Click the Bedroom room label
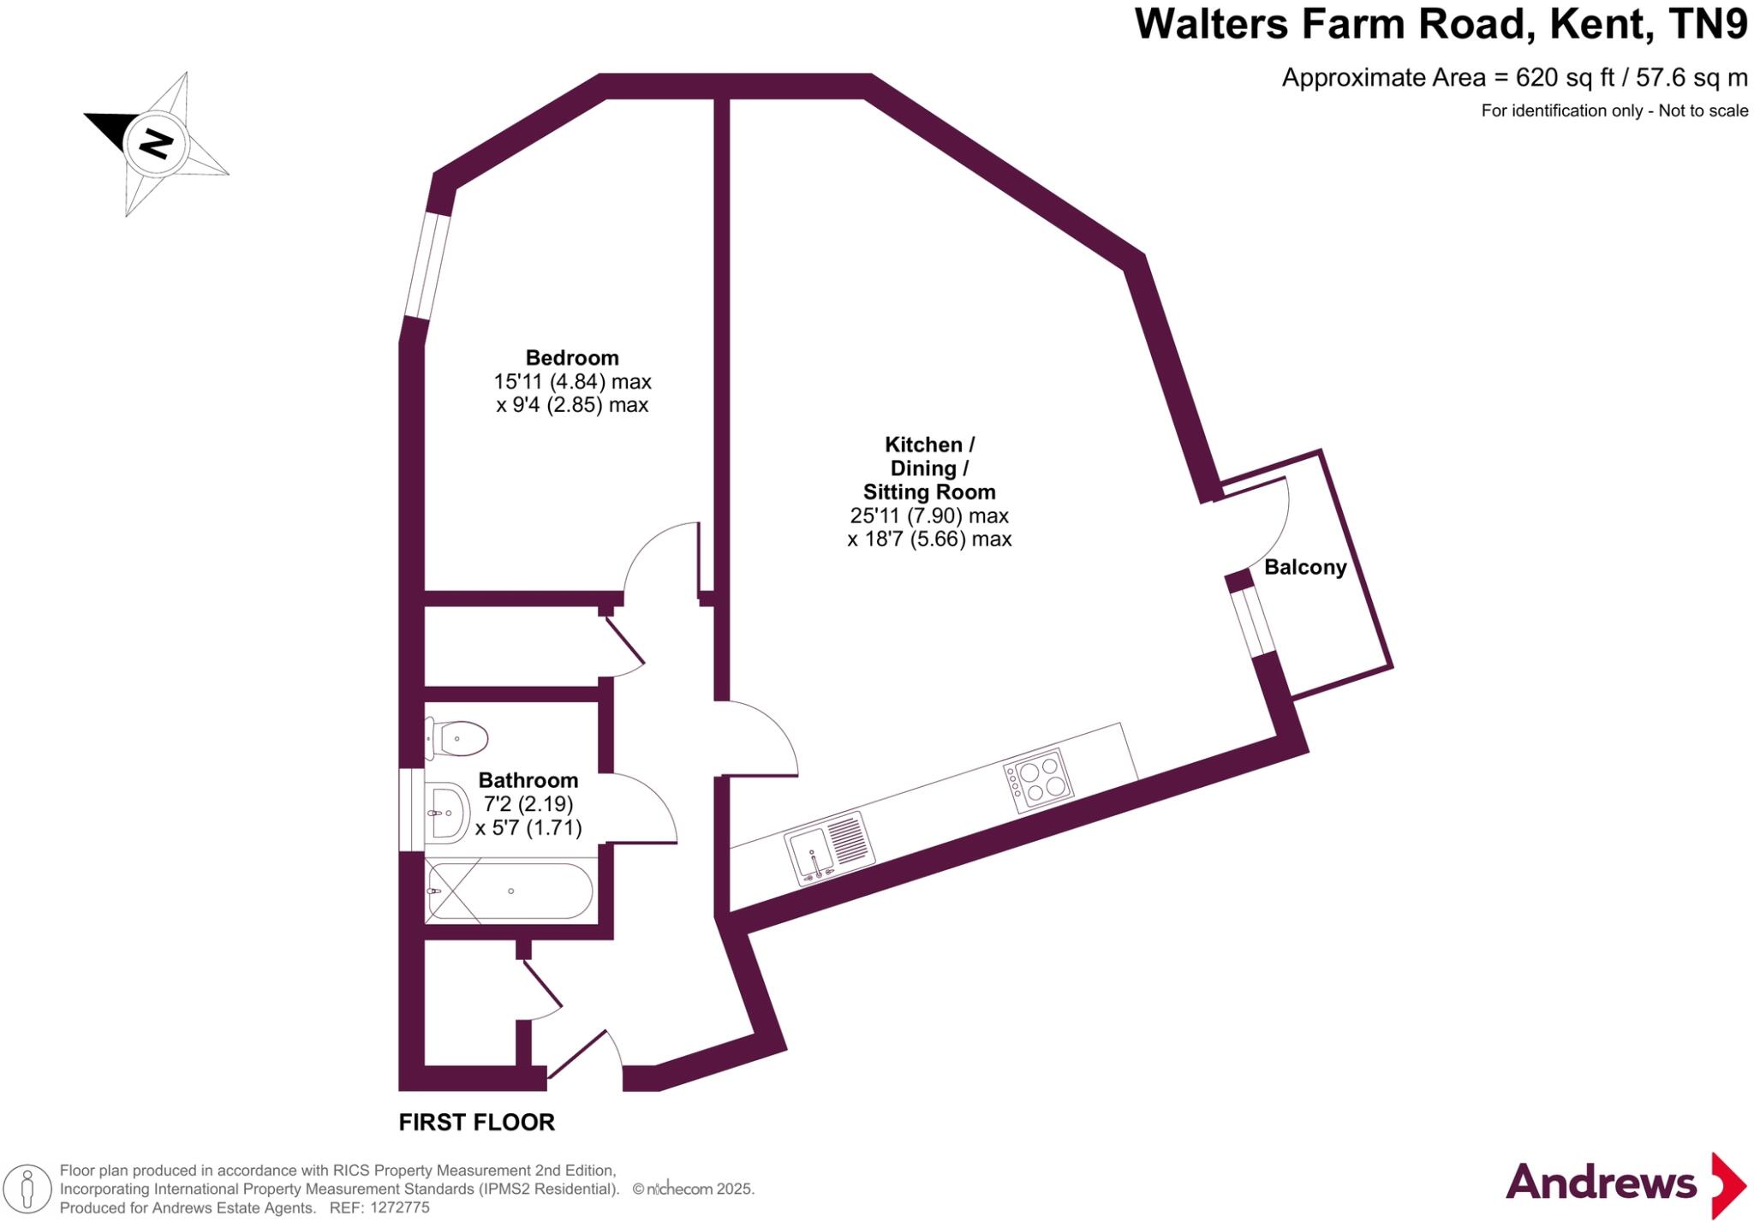pos(571,358)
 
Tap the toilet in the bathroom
pos(458,738)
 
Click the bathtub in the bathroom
pos(510,891)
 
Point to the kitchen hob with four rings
pos(1039,780)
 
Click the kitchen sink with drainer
pos(829,847)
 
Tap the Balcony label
pos(1305,567)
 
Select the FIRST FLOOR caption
pos(476,1122)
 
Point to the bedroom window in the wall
pos(427,265)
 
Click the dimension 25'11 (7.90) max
pos(928,516)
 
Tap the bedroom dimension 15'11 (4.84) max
pos(571,382)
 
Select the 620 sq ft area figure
pos(1564,78)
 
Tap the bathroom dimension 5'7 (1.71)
pos(528,828)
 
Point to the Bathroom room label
pos(528,780)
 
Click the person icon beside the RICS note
pos(27,1189)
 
